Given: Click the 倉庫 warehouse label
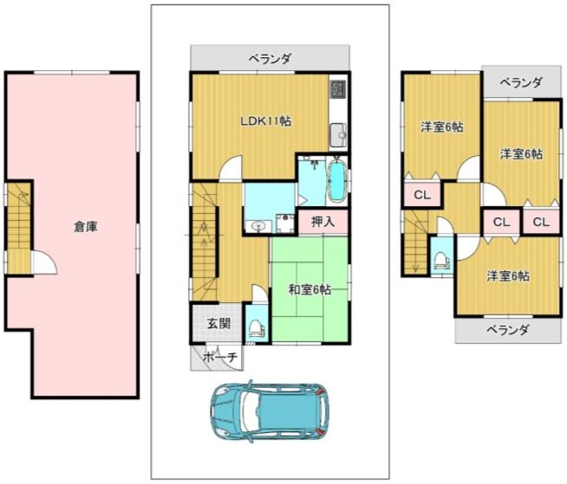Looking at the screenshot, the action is [x=86, y=227].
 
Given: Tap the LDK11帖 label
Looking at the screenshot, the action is [x=266, y=121].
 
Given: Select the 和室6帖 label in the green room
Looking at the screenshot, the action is [x=310, y=289].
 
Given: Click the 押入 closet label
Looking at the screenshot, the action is [x=323, y=222].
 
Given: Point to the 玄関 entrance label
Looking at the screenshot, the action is [x=218, y=323].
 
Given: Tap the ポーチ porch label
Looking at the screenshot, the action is [x=220, y=358].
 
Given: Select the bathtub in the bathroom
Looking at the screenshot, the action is [x=336, y=180].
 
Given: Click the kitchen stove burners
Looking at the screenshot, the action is [x=338, y=89].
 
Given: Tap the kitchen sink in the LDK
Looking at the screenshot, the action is [x=338, y=135].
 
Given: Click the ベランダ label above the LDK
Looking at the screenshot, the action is [x=270, y=58].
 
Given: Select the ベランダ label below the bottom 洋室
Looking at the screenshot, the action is [x=508, y=329].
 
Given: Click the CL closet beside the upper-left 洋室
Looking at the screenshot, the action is [x=422, y=195].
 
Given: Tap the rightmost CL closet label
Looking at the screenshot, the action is [x=541, y=222].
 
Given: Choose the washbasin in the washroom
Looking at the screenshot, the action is [x=257, y=227].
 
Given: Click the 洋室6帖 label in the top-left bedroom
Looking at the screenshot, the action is [x=442, y=126].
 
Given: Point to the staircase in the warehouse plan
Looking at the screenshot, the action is [x=19, y=228].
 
